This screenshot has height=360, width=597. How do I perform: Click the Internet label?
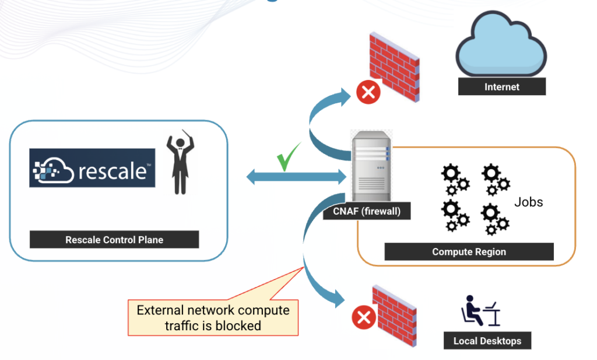501,87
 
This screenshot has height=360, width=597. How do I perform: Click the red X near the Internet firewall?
368,92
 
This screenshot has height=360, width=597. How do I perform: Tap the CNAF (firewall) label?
367,211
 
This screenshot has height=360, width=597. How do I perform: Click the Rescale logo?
92,168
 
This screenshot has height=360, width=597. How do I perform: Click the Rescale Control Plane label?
114,240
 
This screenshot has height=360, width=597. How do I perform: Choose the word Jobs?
528,202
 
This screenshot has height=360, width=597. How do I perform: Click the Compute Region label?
469,252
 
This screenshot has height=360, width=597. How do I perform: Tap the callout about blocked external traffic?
213,317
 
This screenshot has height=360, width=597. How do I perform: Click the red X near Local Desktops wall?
364,318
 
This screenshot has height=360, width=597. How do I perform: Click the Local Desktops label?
487,341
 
